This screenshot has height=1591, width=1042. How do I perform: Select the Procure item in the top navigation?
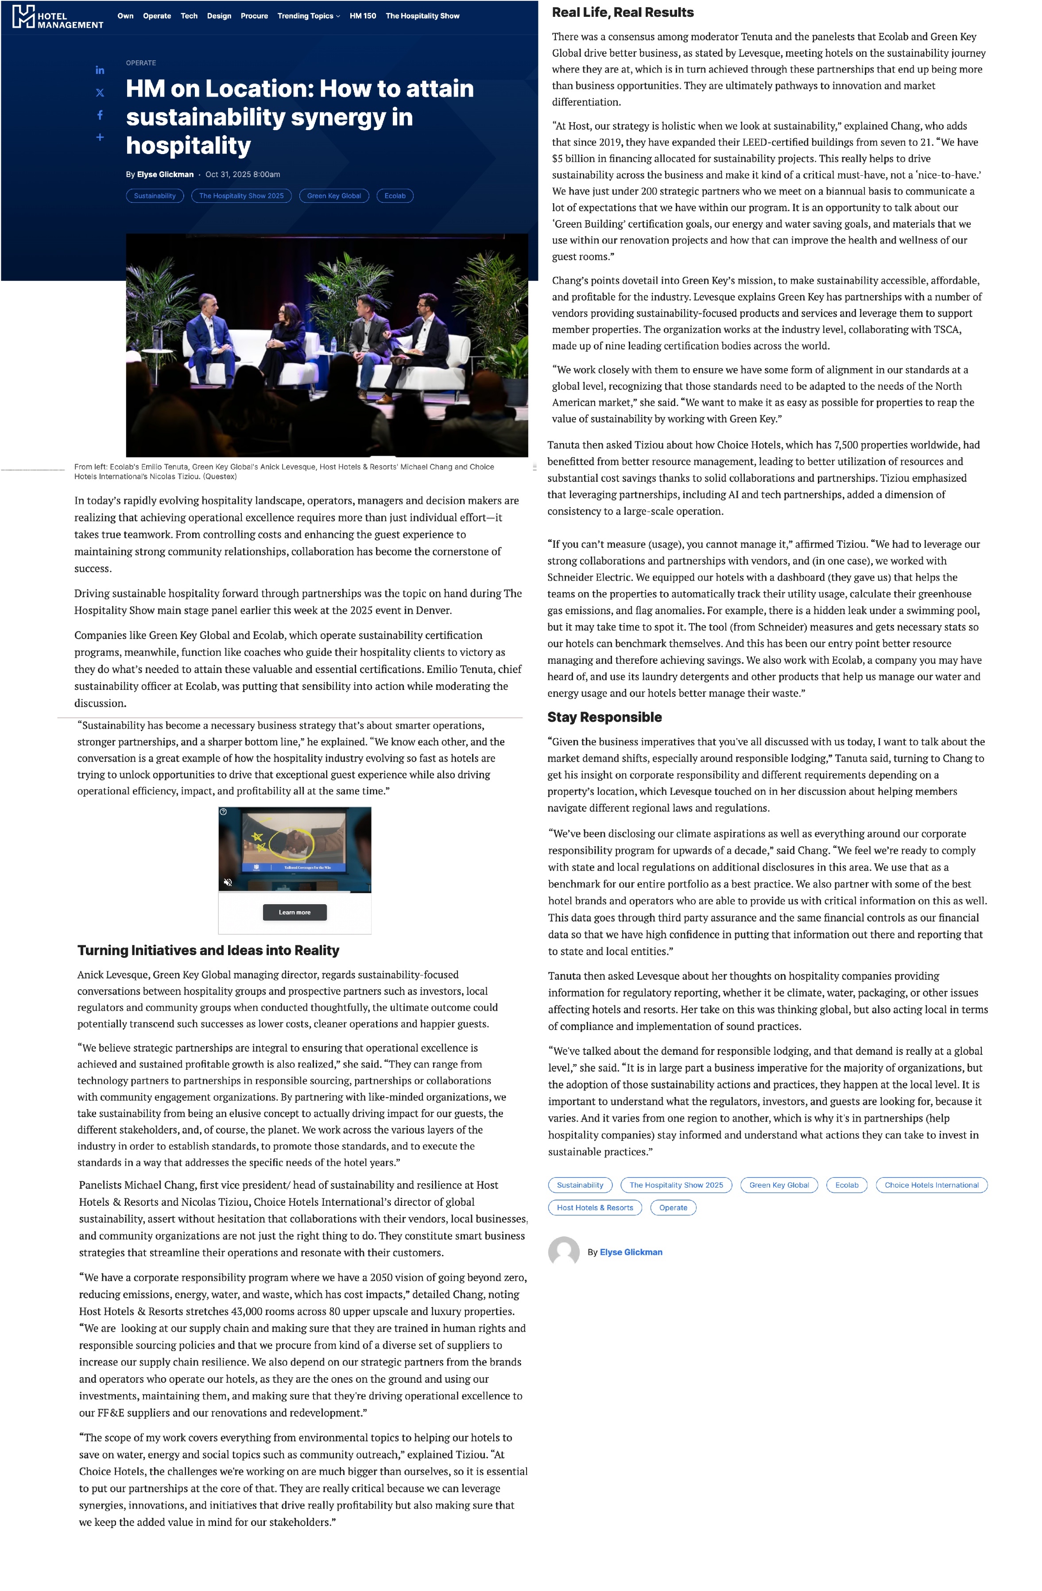tap(254, 16)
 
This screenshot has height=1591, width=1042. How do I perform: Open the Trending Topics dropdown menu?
tap(308, 16)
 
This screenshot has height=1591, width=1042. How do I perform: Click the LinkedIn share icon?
tap(100, 70)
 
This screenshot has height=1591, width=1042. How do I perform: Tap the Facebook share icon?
tap(100, 115)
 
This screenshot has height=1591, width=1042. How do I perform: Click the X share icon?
tap(100, 93)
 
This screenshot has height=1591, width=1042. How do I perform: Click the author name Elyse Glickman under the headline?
tap(165, 174)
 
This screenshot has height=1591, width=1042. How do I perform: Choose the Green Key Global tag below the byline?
tap(333, 196)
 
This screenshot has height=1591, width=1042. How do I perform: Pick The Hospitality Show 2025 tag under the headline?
tap(241, 196)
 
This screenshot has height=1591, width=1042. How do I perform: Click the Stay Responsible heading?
tap(604, 717)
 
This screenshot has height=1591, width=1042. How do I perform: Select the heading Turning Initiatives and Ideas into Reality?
tap(208, 951)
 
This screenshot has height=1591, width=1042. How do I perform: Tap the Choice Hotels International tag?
tap(931, 1185)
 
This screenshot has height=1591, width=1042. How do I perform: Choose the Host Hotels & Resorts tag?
tap(594, 1208)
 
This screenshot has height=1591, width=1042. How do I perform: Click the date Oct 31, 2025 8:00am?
tap(243, 174)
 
